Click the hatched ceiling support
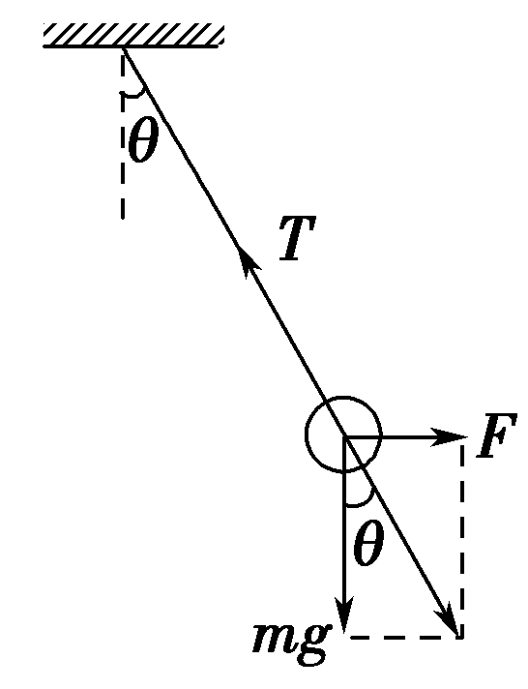(x=133, y=37)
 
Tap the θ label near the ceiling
(x=142, y=143)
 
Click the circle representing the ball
(x=343, y=435)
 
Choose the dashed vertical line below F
(x=462, y=542)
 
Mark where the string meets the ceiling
(x=124, y=49)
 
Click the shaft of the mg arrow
(x=344, y=542)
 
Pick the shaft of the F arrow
(x=406, y=437)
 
